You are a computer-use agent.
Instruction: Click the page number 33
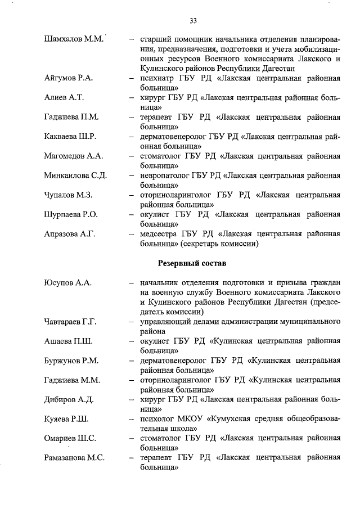(193, 21)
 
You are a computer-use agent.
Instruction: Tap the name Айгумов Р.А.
(68, 78)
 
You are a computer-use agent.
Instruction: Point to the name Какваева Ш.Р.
(70, 137)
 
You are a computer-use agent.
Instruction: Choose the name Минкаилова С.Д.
(75, 175)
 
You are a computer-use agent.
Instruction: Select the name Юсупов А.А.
(67, 282)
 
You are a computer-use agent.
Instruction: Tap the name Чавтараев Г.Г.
(71, 322)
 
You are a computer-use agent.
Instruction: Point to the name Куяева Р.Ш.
(66, 419)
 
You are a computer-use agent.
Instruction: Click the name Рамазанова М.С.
(74, 458)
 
